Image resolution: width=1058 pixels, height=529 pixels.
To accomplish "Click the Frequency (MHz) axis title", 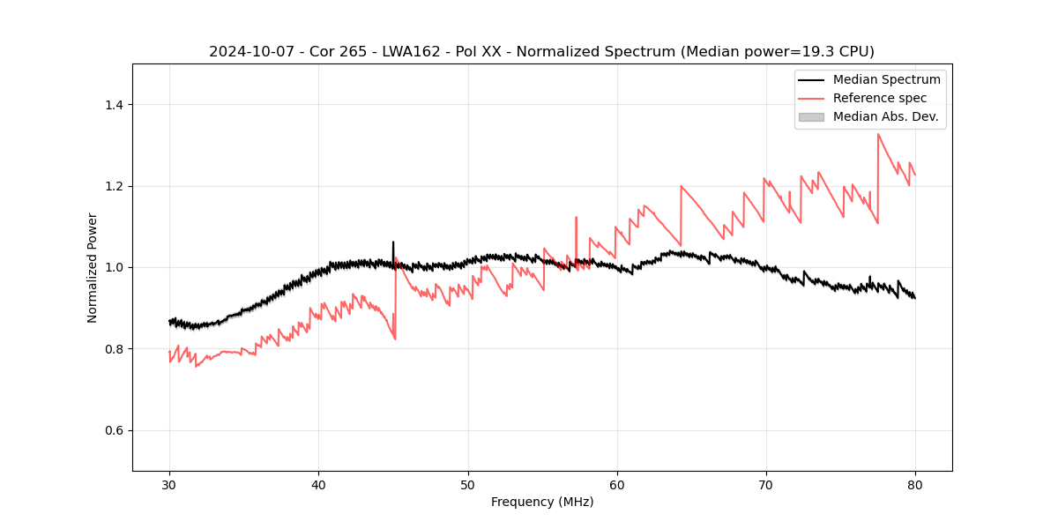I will [x=542, y=502].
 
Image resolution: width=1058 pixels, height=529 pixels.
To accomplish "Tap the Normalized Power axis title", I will [x=93, y=267].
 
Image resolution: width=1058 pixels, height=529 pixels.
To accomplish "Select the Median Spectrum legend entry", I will [x=886, y=79].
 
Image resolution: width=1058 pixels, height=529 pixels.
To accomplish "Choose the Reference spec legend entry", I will [x=879, y=98].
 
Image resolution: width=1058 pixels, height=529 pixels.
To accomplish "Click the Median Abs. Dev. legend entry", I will [x=885, y=116].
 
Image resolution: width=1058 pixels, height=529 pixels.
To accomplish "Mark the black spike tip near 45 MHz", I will [x=393, y=242].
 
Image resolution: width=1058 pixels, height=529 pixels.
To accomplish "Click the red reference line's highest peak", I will [x=878, y=134].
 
